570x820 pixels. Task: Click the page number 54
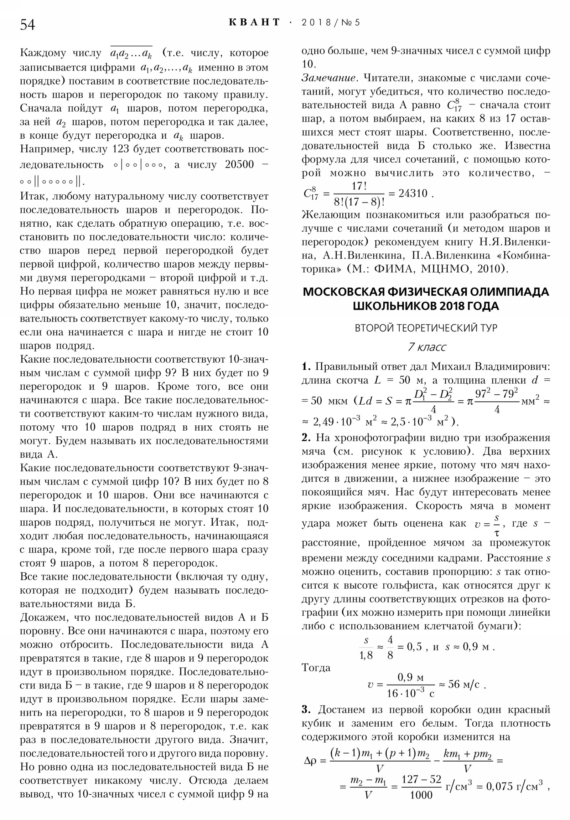tap(27, 25)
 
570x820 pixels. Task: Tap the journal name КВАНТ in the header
tap(254, 22)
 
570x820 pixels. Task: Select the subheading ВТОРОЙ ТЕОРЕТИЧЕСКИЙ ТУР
tap(426, 328)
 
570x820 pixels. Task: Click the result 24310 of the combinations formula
tap(413, 193)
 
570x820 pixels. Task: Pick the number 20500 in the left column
tap(239, 164)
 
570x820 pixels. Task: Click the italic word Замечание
tap(328, 78)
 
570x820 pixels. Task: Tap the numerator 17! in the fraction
tap(359, 186)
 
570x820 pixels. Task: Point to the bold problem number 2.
tap(306, 437)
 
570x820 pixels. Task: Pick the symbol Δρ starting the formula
tap(310, 761)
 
